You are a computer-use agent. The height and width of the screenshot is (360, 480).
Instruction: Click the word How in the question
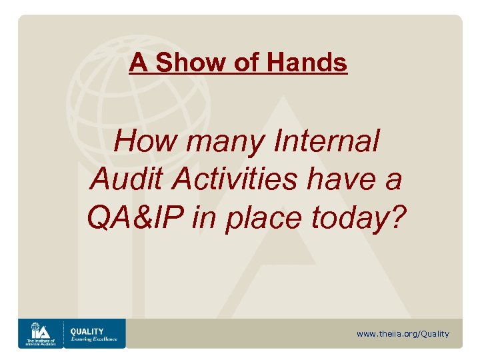tap(141, 141)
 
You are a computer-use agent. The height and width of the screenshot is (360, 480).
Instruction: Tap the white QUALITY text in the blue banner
tap(87, 331)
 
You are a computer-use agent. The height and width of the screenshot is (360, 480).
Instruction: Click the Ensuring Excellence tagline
tap(93, 339)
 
